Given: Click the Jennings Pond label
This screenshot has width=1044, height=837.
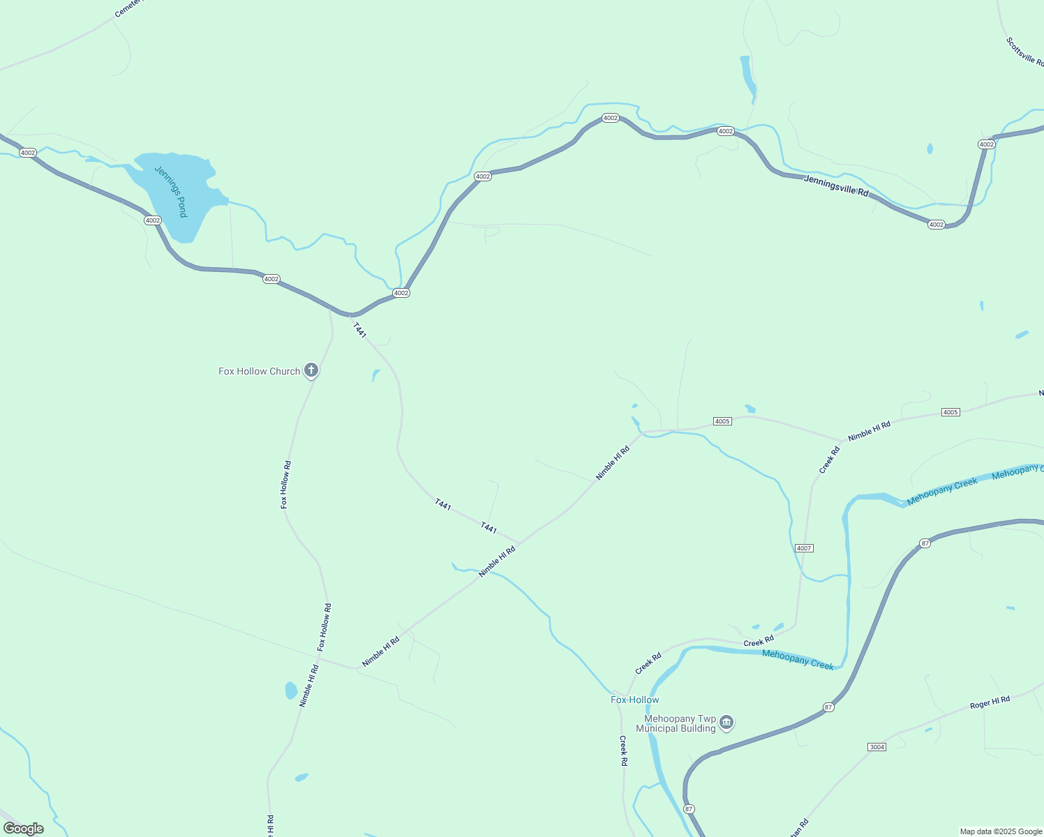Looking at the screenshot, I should pos(172,192).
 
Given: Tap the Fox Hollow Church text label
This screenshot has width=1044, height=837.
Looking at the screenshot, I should pos(259,371).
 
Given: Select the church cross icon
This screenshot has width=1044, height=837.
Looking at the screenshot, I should pos(311,370).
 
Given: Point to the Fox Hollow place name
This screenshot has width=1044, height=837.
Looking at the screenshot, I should pos(634,700).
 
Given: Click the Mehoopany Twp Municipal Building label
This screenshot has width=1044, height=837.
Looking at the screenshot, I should pos(680,723).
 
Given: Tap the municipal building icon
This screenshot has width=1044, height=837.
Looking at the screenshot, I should pos(726,722).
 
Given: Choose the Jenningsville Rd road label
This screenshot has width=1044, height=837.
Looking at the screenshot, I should pos(836,186).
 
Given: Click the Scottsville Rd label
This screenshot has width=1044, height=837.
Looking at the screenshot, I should pos(1024,51).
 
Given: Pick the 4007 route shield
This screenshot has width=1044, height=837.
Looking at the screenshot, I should pos(804,548).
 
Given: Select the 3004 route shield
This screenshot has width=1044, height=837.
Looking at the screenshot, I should pos(877,747).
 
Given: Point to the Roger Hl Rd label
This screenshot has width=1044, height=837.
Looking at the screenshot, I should pos(990,702).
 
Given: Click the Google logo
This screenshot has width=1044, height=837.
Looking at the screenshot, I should pos(24,829).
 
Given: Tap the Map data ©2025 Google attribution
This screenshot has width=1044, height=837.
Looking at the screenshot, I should pos(1001,831).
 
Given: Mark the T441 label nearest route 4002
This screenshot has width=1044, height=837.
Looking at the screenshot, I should pos(359,330).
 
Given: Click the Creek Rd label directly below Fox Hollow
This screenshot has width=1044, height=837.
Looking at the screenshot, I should pos(623,751).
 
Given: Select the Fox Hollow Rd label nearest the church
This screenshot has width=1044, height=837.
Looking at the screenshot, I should pos(285,484).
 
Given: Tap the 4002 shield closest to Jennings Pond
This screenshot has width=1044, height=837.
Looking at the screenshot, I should pos(153,220).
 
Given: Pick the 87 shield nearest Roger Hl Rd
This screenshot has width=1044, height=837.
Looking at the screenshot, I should pos(828,707).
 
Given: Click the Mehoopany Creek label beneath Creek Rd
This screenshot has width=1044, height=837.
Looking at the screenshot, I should pos(798,659).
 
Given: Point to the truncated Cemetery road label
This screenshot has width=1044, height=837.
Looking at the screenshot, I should pos(128,8).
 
